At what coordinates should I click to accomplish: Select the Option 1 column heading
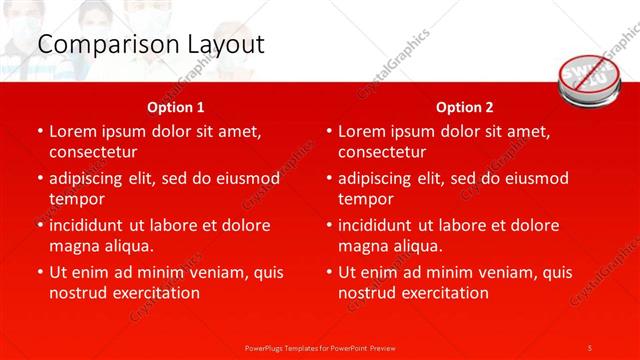click(x=175, y=107)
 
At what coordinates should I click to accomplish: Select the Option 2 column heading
click(x=465, y=107)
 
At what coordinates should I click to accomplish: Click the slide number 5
click(x=590, y=347)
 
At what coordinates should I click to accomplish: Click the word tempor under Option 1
click(x=77, y=198)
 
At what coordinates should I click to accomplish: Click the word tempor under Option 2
click(x=366, y=198)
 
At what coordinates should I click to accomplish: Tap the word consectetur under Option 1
click(x=92, y=152)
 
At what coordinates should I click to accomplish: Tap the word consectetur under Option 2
click(x=382, y=152)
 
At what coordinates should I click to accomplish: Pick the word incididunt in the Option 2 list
click(x=384, y=225)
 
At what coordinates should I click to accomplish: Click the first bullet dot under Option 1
click(x=40, y=131)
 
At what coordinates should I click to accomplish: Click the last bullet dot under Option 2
click(x=329, y=272)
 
